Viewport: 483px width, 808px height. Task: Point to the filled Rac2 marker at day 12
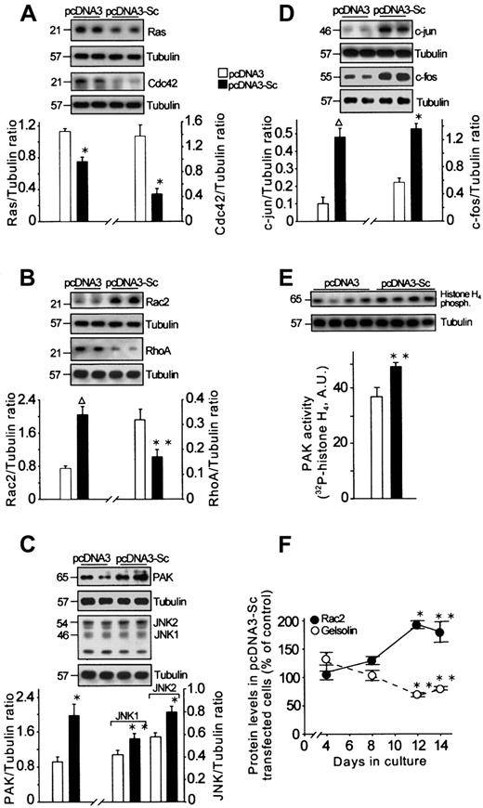pos(416,651)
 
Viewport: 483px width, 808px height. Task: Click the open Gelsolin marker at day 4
pos(326,686)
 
